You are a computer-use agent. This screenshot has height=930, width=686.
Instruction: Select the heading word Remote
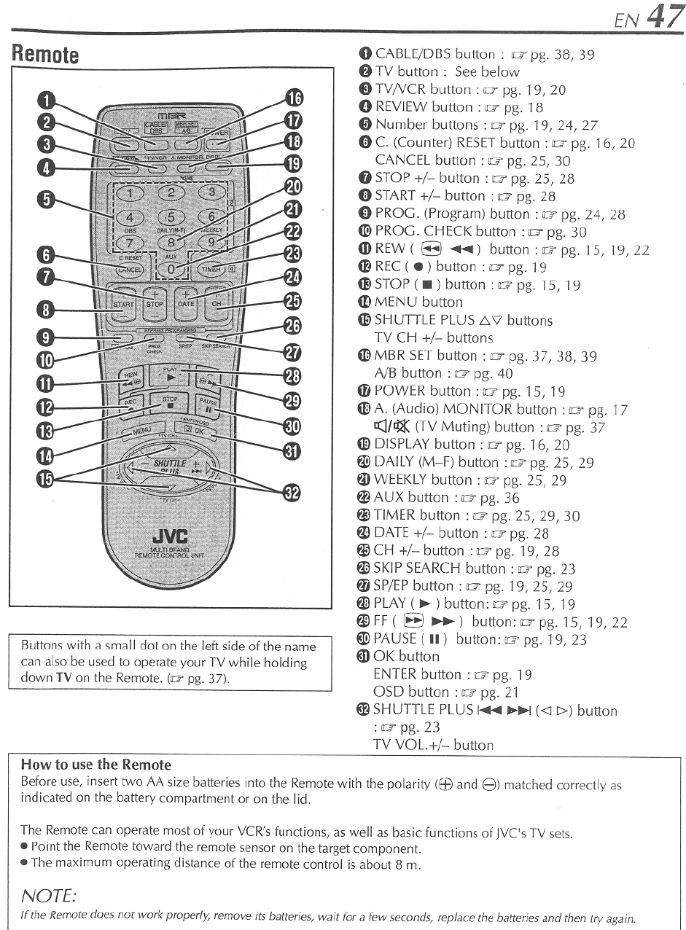pos(45,55)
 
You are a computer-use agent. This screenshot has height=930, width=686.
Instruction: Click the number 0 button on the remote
pos(170,269)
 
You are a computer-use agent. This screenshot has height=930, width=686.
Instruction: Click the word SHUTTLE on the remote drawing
pos(171,464)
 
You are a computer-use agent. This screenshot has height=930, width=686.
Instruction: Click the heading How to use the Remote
pos(96,765)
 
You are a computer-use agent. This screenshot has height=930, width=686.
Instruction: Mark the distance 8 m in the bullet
pos(408,865)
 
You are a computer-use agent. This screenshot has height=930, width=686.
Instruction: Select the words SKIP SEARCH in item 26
pos(417,568)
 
